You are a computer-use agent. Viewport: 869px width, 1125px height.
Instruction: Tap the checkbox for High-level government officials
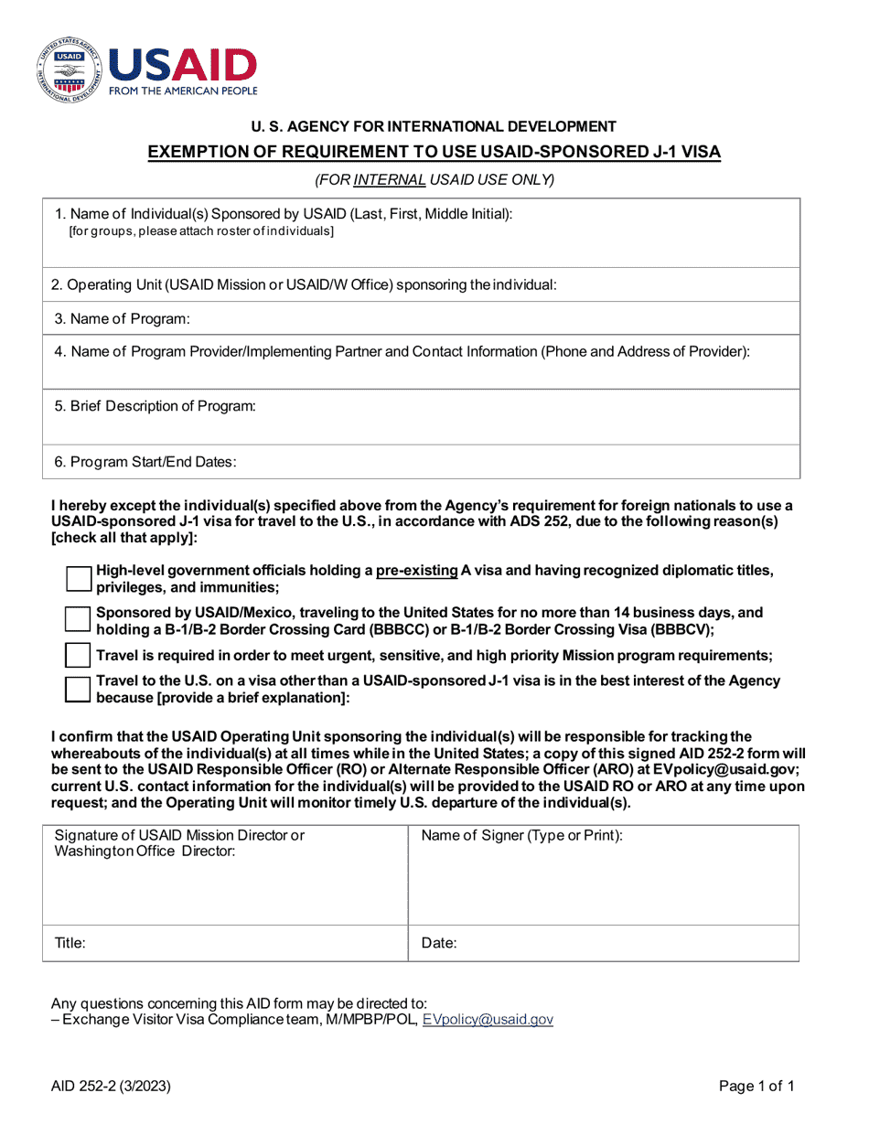tap(80, 579)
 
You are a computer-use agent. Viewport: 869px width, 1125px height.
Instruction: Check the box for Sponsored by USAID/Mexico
tap(80, 619)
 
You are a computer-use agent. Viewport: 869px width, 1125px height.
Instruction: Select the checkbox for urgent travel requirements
tap(80, 655)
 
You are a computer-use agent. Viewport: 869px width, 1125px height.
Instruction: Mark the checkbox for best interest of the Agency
tap(80, 689)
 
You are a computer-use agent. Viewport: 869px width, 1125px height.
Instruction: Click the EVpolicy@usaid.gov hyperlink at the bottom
tap(487, 1019)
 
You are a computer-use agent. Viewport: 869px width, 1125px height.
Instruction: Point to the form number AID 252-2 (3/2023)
tap(111, 1087)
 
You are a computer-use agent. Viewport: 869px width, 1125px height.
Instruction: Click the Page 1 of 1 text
tap(756, 1087)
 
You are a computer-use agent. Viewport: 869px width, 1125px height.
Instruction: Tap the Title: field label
tap(70, 943)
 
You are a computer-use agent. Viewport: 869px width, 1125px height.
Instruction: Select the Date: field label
tap(439, 943)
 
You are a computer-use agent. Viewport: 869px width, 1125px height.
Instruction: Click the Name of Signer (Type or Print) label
tap(521, 836)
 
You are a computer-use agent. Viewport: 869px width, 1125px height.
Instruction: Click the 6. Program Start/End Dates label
tap(145, 462)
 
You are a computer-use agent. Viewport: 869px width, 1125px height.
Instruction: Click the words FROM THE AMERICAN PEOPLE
tap(183, 91)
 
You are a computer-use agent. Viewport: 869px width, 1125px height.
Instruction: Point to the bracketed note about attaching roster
tap(201, 231)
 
